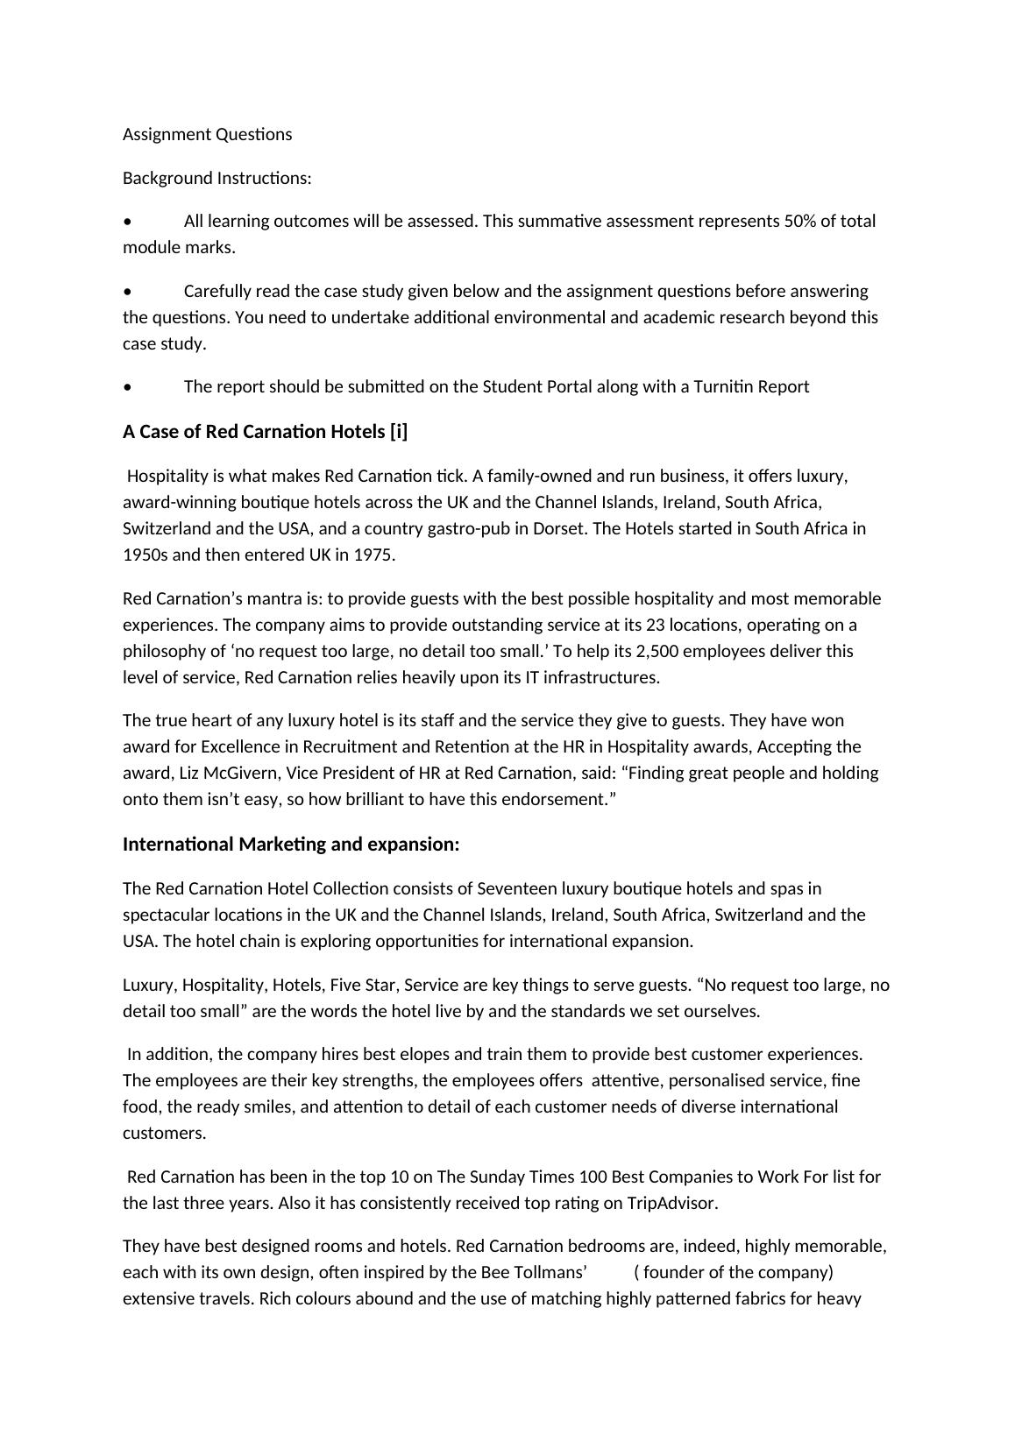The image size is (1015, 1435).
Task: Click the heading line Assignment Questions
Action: point(208,134)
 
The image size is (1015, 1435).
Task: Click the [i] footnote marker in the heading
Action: point(399,432)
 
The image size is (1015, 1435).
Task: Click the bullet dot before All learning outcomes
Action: point(128,222)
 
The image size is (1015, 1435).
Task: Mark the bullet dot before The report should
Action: point(128,387)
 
